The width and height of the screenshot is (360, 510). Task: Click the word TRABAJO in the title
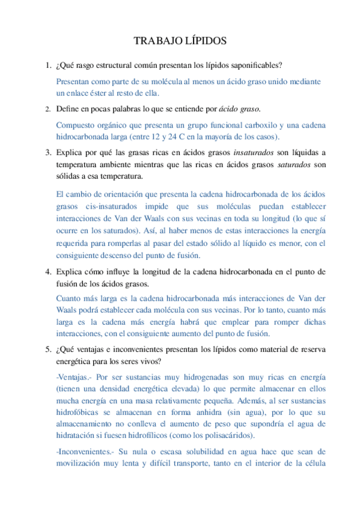[154, 41]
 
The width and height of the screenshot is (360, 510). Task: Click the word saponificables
[256, 65]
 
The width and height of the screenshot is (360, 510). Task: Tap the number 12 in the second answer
[159, 137]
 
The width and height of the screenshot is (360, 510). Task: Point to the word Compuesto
[78, 125]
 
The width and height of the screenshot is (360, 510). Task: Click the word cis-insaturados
[110, 206]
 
